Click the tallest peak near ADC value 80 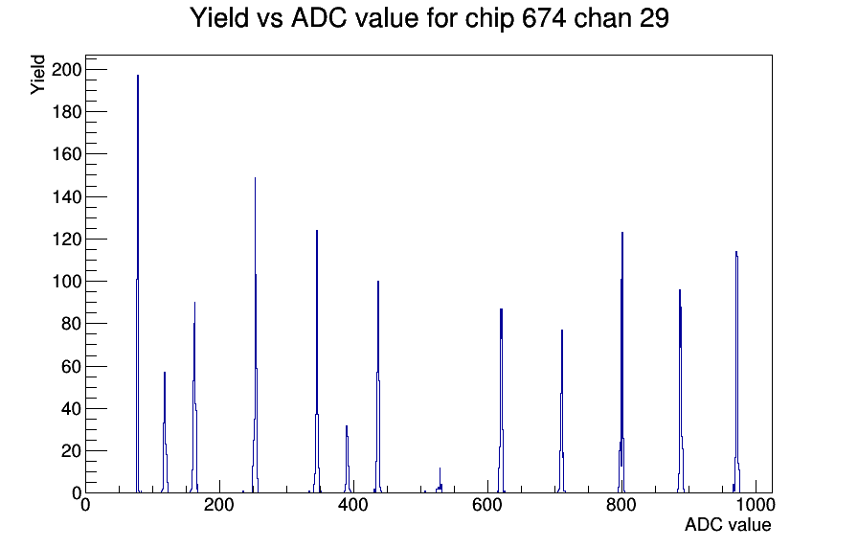point(137,285)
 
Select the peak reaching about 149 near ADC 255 point(255,335)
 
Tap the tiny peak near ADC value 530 point(440,481)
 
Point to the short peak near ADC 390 point(347,460)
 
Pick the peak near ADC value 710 point(561,412)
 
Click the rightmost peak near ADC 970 point(736,373)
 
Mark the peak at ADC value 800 point(621,362)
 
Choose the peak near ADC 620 point(501,400)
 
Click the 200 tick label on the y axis point(66,70)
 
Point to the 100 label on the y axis point(66,282)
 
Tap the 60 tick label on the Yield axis point(71,366)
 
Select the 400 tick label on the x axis point(353,505)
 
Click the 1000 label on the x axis point(756,505)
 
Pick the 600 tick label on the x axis point(487,505)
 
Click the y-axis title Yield point(37,75)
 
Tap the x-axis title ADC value point(728,524)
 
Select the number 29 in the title point(653,18)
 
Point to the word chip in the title point(489,19)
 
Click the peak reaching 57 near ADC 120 point(165,432)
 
